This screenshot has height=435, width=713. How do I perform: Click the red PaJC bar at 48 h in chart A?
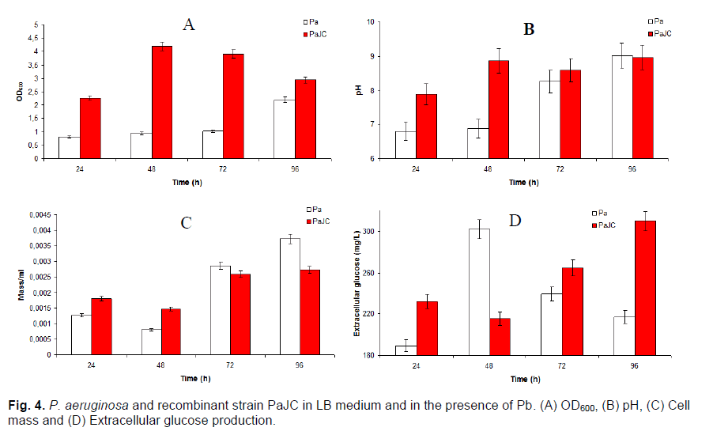point(161,102)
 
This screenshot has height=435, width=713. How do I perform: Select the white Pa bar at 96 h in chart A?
point(283,129)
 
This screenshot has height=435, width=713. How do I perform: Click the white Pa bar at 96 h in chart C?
point(289,297)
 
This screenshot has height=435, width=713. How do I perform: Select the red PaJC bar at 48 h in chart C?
point(172,332)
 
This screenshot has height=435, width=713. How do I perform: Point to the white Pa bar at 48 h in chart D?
point(479,292)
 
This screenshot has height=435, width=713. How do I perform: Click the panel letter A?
point(188,25)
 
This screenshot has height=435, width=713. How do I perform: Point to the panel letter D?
point(515,220)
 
